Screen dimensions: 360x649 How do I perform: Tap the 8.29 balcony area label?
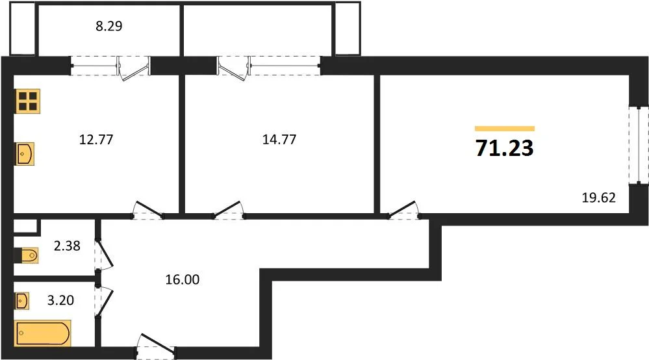(x=109, y=27)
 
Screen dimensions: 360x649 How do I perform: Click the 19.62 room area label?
(x=598, y=197)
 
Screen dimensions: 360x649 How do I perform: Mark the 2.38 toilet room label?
(x=67, y=246)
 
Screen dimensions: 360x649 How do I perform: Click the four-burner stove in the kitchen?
(x=27, y=101)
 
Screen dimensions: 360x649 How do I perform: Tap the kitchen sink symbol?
(x=25, y=155)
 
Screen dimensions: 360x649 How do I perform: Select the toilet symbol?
(x=29, y=255)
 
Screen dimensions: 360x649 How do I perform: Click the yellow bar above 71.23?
(x=505, y=129)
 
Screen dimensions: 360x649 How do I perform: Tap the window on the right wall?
(x=639, y=144)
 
